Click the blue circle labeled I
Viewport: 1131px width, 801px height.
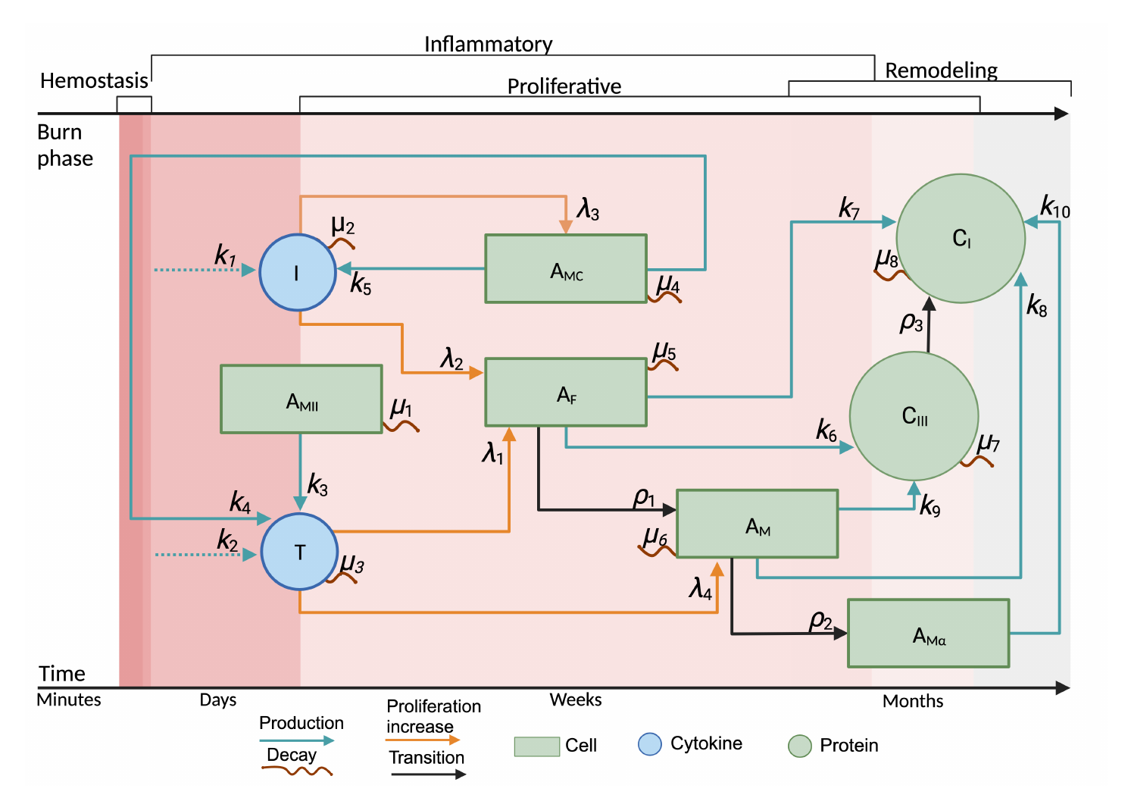(x=298, y=272)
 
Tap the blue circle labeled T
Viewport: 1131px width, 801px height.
(x=299, y=552)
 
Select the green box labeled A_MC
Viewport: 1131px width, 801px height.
(x=566, y=269)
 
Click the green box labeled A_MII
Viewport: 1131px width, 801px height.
(x=301, y=399)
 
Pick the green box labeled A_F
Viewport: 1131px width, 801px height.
(x=566, y=393)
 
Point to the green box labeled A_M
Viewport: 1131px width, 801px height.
(x=758, y=524)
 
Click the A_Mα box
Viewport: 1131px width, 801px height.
(x=928, y=634)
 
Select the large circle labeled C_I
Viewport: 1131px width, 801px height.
(x=961, y=238)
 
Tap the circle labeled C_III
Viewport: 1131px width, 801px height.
(x=914, y=415)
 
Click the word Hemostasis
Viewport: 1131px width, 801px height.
(x=94, y=80)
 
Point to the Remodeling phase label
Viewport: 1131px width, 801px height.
(x=941, y=70)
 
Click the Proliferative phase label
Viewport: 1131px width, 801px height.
(x=564, y=86)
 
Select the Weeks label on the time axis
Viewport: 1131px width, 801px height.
(x=576, y=699)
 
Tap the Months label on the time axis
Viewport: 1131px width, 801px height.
(x=913, y=701)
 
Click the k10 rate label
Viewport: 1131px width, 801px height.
(x=1054, y=206)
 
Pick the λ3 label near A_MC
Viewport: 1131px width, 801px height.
(x=588, y=208)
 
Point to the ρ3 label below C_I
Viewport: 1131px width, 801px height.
(x=911, y=323)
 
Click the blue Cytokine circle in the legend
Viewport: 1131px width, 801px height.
(x=650, y=744)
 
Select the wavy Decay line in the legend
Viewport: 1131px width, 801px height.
(x=297, y=771)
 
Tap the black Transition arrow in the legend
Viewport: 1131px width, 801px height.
(x=428, y=774)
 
